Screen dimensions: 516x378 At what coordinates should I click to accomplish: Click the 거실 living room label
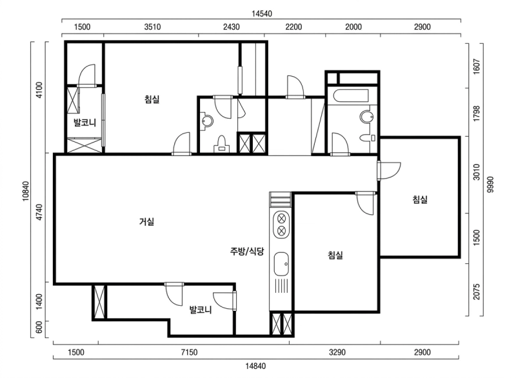147,221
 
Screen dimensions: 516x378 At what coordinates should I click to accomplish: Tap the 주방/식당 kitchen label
247,252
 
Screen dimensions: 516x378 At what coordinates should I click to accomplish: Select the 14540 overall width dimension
262,14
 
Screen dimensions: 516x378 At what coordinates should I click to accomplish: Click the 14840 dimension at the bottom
255,366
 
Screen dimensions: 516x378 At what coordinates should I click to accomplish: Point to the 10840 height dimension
26,191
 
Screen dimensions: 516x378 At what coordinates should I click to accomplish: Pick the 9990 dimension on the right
490,184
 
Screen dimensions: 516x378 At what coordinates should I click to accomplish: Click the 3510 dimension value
152,26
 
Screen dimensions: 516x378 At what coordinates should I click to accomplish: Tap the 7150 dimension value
189,352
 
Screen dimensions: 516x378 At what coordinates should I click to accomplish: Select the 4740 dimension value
39,212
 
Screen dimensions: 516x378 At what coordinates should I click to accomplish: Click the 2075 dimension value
477,292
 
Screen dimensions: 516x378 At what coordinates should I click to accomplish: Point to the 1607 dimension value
477,66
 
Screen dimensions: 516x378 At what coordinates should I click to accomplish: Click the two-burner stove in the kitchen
281,224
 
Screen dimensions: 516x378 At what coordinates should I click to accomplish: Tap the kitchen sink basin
281,264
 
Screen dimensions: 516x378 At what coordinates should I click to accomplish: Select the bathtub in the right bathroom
350,96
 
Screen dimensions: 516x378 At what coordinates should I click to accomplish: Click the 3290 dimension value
337,352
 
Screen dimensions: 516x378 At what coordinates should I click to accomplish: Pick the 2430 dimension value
232,26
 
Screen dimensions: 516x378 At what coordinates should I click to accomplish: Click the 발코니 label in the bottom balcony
201,310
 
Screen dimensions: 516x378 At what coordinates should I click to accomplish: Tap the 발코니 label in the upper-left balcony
84,123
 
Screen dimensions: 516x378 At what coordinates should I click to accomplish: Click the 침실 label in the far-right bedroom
421,199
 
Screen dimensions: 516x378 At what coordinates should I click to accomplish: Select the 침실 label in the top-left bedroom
152,99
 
